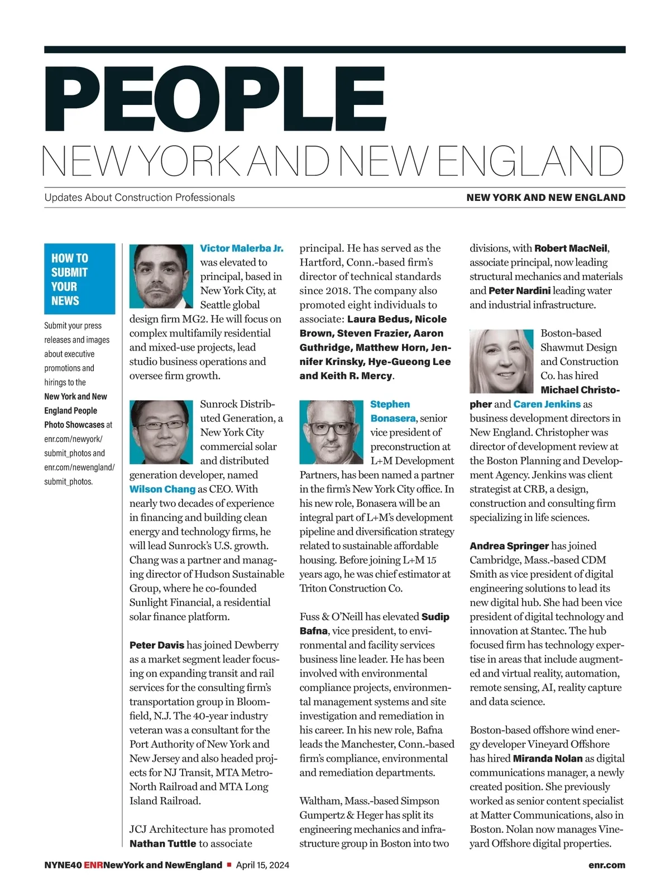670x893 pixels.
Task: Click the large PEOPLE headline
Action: tap(215, 99)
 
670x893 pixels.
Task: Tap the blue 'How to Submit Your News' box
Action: tap(79, 279)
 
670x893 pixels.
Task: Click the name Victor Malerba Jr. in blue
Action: tap(241, 248)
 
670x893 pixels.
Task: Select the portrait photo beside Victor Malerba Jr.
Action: tap(161, 276)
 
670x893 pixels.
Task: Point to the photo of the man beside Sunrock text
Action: tap(161, 431)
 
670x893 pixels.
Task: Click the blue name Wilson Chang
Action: tap(162, 489)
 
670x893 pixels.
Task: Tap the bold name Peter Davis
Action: tap(157, 645)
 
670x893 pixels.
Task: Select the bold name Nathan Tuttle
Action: tap(162, 843)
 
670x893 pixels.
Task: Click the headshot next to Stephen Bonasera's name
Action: tap(331, 431)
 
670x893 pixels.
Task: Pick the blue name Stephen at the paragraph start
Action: tap(390, 404)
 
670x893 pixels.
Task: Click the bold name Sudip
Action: tap(435, 617)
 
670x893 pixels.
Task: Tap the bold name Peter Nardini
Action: tap(519, 291)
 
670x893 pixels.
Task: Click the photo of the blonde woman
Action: tap(501, 361)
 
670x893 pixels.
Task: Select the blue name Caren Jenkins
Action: tap(547, 404)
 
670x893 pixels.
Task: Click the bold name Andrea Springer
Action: tap(509, 546)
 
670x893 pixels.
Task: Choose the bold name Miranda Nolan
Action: tap(548, 758)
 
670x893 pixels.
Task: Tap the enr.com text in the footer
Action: tap(606, 865)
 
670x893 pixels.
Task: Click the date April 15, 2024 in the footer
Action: tap(262, 865)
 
